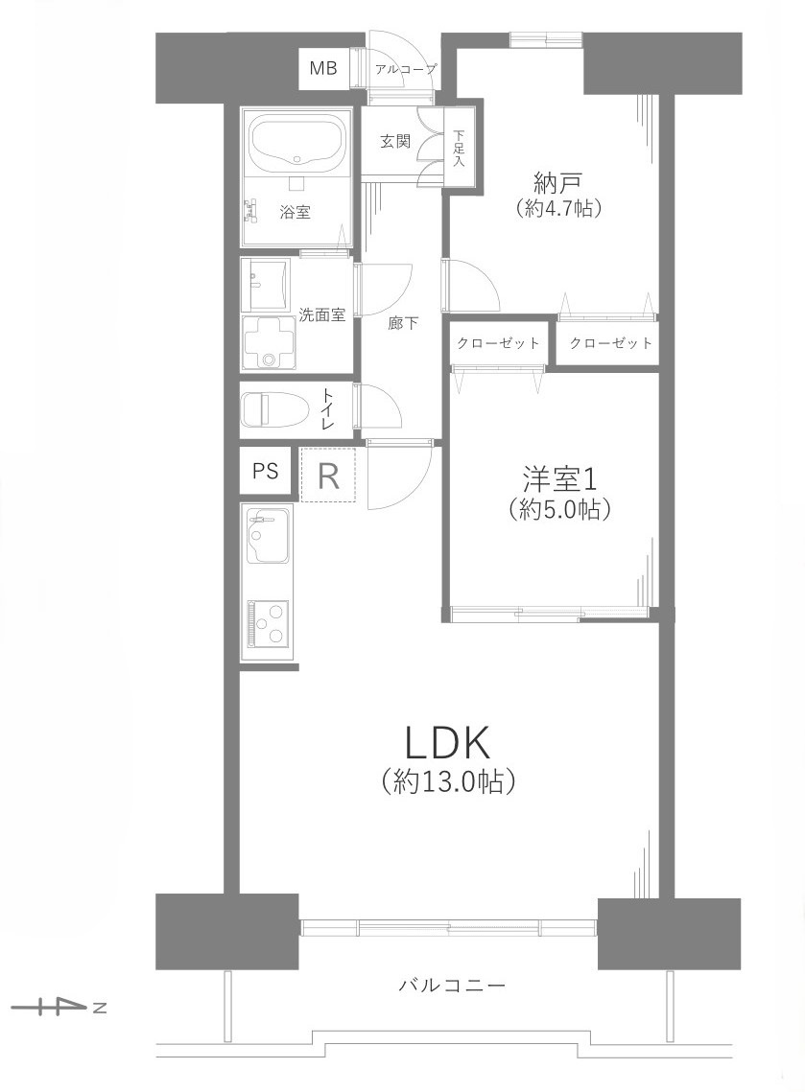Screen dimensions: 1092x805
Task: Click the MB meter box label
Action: coord(323,69)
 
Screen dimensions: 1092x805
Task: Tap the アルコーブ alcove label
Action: coord(405,69)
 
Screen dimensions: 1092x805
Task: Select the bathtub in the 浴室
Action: coord(297,142)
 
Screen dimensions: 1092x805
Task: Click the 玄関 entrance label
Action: coord(394,142)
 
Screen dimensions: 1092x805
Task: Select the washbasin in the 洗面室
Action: coord(267,280)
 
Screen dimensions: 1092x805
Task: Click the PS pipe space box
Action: coord(265,471)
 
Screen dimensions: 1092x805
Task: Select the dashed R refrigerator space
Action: coord(328,476)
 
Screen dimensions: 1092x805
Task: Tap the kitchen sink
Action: coord(269,536)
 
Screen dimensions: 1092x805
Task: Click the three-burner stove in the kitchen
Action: coord(268,625)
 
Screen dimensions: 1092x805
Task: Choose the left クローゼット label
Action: coord(498,343)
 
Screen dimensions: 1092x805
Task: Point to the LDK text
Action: coord(448,743)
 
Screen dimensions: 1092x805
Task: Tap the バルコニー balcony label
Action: coord(451,985)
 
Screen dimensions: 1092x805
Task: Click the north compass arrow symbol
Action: coord(58,1007)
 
